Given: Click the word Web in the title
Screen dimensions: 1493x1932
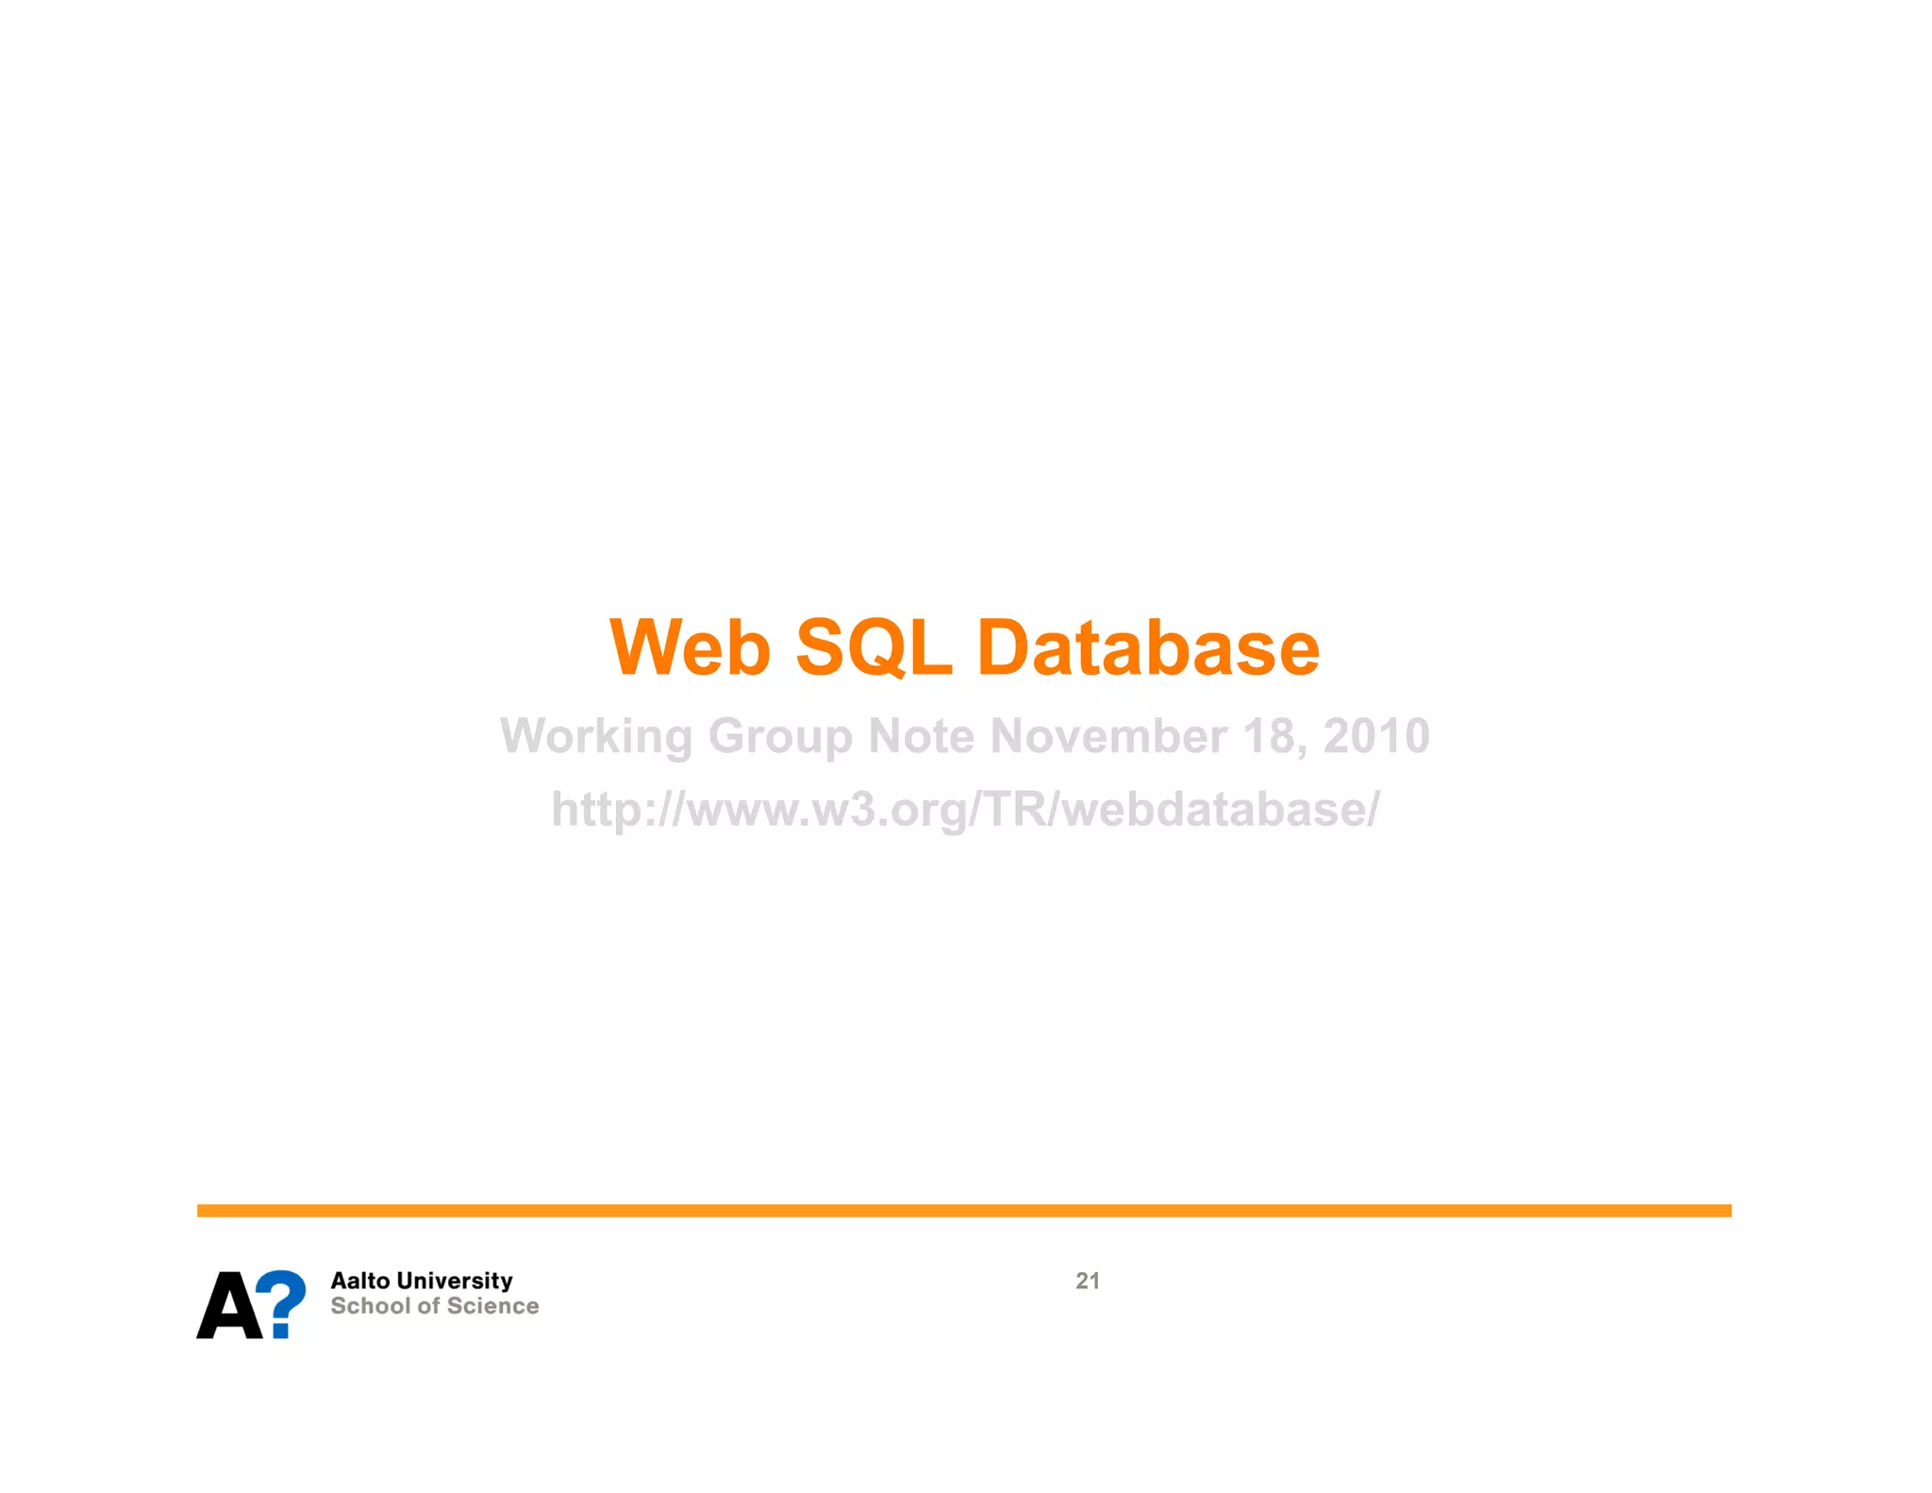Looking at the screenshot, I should [x=691, y=648].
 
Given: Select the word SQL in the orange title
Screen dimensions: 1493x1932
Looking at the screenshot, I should [x=874, y=648].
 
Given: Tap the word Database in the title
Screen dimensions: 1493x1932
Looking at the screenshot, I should [x=1148, y=648].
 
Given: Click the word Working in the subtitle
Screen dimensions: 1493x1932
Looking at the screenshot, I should [x=596, y=737].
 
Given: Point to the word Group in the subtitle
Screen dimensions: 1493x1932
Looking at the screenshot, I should [x=780, y=737].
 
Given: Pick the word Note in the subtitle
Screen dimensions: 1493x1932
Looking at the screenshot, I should [x=921, y=735].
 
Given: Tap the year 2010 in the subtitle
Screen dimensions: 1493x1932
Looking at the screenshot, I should [x=1376, y=735].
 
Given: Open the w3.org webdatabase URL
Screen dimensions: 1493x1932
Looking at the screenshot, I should [x=965, y=810].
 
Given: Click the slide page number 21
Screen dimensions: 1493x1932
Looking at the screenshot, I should [x=1088, y=1281].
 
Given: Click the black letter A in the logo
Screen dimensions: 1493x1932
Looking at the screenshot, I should [x=228, y=1306].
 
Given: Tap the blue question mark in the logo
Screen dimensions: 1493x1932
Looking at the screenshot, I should [x=282, y=1302].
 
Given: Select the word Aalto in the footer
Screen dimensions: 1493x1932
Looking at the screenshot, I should [x=359, y=1281].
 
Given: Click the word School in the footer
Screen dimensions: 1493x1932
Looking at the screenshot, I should [x=370, y=1306].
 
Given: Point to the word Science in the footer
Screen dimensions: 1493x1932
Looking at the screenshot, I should [x=493, y=1306].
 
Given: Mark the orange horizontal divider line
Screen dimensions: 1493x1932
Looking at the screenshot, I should [x=964, y=1211].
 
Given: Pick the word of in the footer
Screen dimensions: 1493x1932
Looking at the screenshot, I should [x=429, y=1306].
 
